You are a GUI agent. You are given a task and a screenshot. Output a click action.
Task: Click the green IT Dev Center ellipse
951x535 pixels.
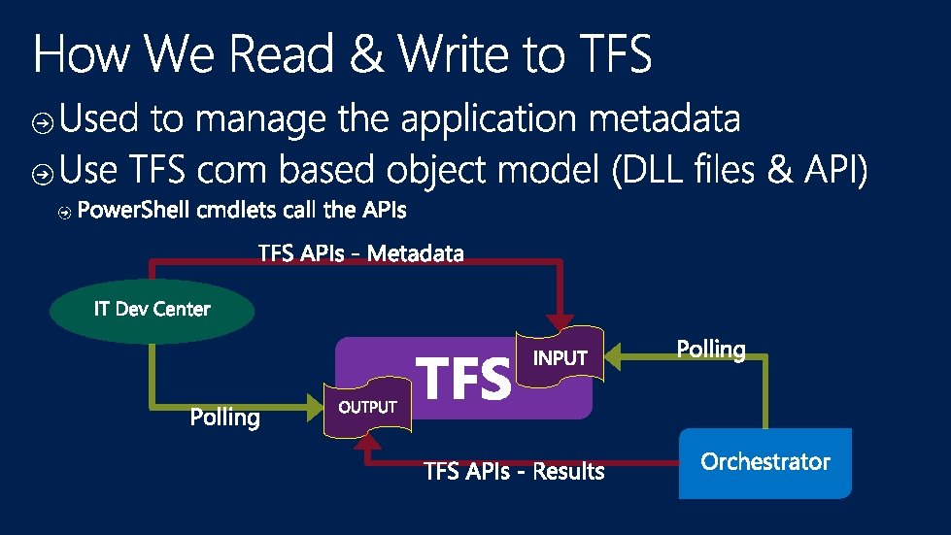tap(152, 310)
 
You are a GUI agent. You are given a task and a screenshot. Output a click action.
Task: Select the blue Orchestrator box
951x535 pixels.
tap(764, 462)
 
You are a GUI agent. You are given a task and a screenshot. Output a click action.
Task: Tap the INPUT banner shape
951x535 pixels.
tap(560, 357)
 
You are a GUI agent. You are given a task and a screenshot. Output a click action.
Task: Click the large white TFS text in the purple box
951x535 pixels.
tap(463, 379)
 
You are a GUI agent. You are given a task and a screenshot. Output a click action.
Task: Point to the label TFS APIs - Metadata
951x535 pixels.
tap(361, 254)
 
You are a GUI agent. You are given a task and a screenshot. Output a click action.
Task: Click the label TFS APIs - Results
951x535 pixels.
tap(514, 473)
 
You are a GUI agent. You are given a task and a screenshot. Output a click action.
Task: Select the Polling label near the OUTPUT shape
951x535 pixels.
tap(224, 418)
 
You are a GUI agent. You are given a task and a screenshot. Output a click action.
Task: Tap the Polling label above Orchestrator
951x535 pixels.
tap(710, 350)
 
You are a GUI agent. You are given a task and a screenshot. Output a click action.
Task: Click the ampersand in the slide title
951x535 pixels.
tap(365, 55)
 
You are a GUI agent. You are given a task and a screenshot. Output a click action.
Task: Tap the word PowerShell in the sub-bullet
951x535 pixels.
tap(131, 210)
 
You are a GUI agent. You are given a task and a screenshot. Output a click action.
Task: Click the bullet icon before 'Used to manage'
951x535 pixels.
tap(42, 122)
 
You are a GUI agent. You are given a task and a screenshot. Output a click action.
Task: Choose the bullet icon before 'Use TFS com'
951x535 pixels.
tap(42, 174)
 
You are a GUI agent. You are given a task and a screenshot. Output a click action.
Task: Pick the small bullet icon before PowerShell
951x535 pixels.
tap(64, 212)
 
